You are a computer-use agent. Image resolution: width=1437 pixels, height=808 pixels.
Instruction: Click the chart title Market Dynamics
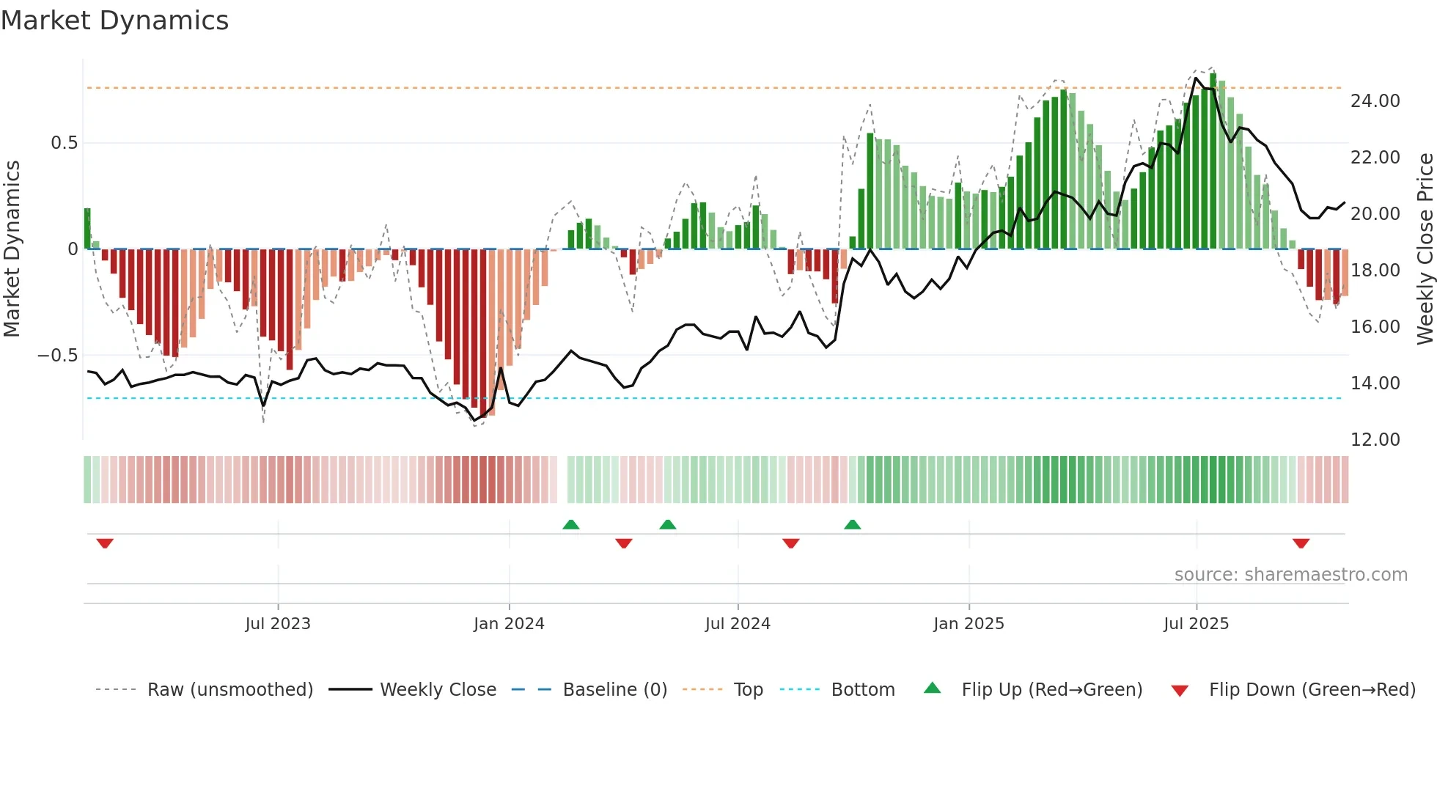tap(114, 21)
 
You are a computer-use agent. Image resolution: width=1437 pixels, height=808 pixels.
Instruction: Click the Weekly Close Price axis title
tap(1425, 249)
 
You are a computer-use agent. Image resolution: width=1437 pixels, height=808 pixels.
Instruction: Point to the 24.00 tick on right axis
tap(1375, 101)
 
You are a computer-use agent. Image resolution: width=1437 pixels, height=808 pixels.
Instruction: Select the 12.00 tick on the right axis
tap(1375, 440)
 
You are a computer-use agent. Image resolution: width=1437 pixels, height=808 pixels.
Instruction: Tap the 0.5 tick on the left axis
tap(64, 143)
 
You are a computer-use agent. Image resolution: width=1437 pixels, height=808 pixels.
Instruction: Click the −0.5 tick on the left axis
tap(57, 356)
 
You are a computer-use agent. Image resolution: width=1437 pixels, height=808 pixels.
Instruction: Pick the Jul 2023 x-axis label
tap(278, 624)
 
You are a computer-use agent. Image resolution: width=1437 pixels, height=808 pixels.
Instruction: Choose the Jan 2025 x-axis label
tap(969, 624)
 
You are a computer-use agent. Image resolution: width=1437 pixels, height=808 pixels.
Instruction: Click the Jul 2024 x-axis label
tap(738, 624)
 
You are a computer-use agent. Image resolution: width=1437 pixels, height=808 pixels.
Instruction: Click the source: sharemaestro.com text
tap(1290, 575)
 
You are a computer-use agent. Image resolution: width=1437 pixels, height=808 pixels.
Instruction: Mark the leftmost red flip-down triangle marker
tap(105, 543)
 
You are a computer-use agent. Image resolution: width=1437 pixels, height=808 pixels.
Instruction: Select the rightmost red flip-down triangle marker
tap(1301, 543)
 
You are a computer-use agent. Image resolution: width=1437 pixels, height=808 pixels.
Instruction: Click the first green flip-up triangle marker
tap(570, 524)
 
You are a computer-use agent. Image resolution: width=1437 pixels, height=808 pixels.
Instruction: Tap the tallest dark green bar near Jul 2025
tap(1213, 161)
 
